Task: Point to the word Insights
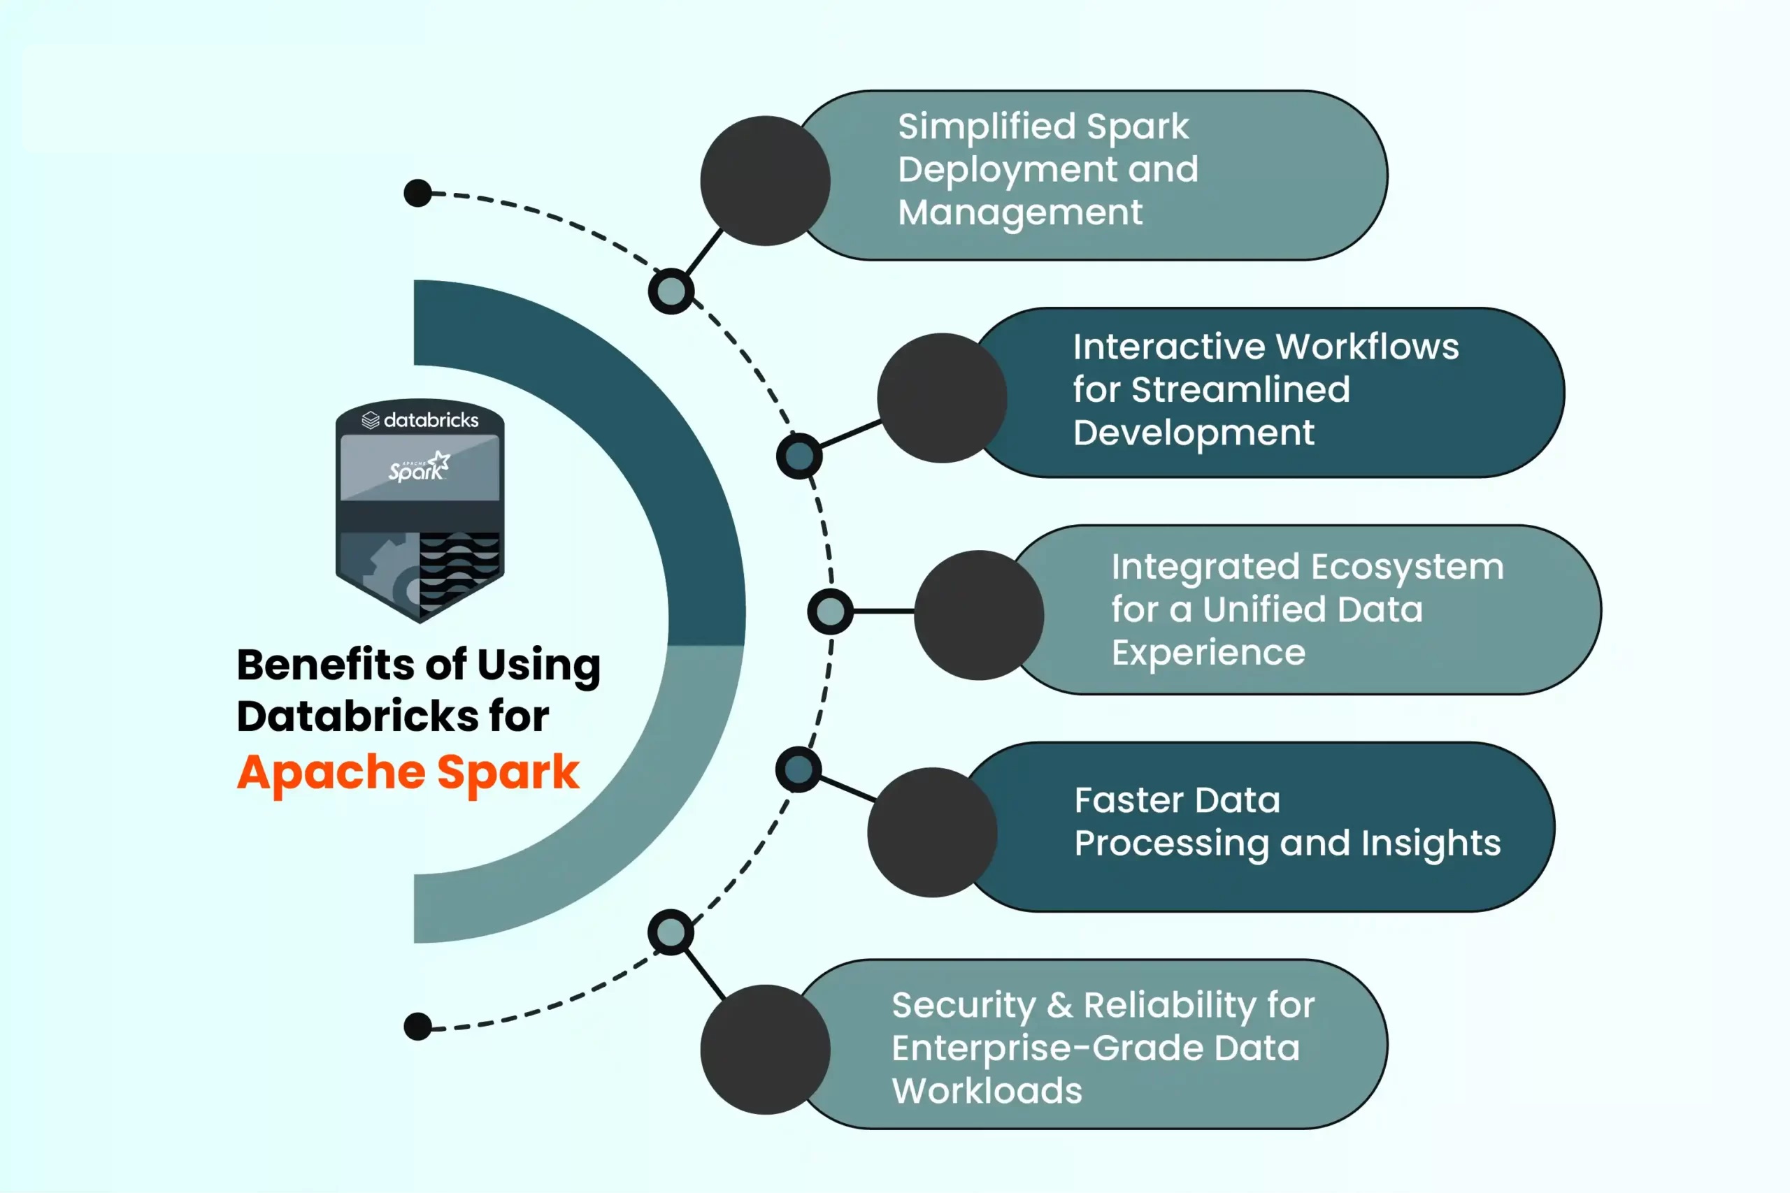[1431, 843]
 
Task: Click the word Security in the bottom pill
[964, 1005]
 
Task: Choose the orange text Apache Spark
[408, 772]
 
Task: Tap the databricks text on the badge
[431, 420]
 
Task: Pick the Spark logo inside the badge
[420, 467]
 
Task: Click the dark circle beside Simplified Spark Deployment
[765, 181]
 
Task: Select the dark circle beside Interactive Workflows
[942, 398]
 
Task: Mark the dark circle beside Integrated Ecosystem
[979, 615]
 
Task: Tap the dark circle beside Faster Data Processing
[932, 832]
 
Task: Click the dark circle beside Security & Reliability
[765, 1050]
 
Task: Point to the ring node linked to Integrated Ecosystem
[829, 611]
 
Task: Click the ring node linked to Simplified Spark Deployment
[671, 291]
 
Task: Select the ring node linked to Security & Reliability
[671, 933]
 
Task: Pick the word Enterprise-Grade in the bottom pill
[1047, 1048]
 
